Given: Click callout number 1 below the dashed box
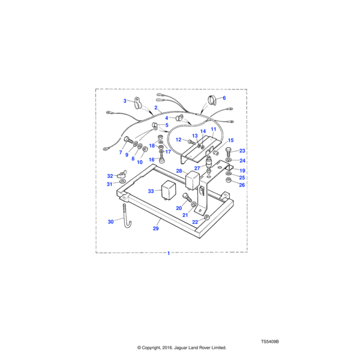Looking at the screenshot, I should tap(168, 253).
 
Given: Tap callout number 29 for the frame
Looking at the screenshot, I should tap(156, 229).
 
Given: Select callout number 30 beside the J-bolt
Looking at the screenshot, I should tap(125, 101).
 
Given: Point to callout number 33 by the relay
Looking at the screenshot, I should tap(151, 191).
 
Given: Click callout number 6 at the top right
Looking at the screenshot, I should tap(224, 98).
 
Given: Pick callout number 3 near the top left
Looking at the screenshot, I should tap(125, 101).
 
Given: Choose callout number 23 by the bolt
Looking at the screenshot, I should tap(242, 151).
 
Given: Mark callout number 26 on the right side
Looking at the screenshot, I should tap(242, 185).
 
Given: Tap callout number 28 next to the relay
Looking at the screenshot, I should tap(179, 171).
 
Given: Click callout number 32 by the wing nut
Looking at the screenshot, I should tap(110, 176).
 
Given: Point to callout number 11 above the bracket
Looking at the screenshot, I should tap(213, 130).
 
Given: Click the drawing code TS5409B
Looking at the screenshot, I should tap(270, 341).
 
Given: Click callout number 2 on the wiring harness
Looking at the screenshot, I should tap(155, 108).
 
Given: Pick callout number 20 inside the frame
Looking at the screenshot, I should tap(179, 208).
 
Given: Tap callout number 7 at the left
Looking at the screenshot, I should tap(120, 152).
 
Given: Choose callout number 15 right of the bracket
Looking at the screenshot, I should tap(230, 140).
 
